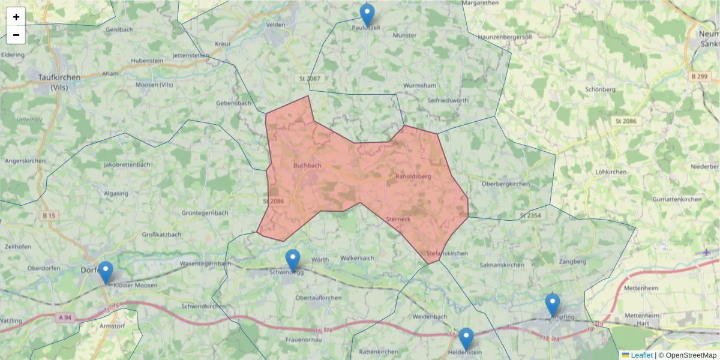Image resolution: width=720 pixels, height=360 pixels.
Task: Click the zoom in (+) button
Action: [16, 17]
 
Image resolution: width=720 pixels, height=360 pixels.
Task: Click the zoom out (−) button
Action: [16, 35]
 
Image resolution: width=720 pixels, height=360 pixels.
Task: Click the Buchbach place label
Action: [307, 165]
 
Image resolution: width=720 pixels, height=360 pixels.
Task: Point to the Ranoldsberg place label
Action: [413, 177]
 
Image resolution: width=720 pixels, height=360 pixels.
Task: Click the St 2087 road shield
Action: [310, 79]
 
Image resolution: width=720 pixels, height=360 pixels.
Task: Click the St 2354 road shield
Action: [530, 215]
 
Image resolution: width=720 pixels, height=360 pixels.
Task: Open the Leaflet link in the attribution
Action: [641, 355]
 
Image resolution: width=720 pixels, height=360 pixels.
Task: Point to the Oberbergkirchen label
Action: [506, 184]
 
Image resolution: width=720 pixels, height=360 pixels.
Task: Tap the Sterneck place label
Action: [398, 219]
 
